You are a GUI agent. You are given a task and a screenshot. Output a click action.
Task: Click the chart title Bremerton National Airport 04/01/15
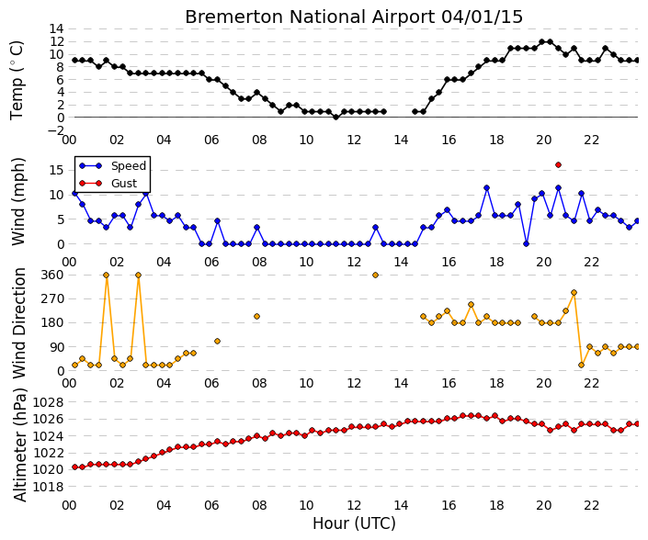(x=354, y=17)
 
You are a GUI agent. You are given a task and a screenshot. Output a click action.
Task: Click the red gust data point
(x=558, y=164)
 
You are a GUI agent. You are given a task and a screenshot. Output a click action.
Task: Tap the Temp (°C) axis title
(x=17, y=81)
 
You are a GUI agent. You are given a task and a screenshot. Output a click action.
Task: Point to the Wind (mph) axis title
(x=18, y=201)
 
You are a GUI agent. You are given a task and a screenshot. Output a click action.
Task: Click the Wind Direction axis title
(x=19, y=323)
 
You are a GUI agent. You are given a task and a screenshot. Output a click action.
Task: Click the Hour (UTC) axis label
(x=354, y=523)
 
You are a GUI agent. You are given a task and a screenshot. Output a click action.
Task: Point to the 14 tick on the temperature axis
(x=57, y=28)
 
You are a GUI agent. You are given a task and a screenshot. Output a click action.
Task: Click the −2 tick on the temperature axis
(x=55, y=130)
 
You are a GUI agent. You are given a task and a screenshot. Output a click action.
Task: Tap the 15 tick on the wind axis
(x=57, y=170)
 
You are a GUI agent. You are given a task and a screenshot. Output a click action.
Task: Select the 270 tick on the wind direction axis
(x=53, y=298)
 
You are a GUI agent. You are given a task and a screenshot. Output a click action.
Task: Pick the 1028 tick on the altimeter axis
(x=49, y=402)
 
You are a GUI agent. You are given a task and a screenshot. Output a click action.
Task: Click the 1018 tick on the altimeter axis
(x=49, y=487)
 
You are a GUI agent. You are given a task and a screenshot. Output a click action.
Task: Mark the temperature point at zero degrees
(x=336, y=118)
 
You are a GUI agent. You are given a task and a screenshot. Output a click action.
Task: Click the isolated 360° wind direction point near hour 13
(x=375, y=275)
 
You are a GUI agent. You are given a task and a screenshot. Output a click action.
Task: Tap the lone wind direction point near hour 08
(x=256, y=316)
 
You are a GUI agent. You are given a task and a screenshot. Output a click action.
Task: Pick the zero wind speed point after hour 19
(x=526, y=244)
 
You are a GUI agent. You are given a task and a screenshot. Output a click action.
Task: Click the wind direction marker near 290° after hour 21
(x=574, y=292)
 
